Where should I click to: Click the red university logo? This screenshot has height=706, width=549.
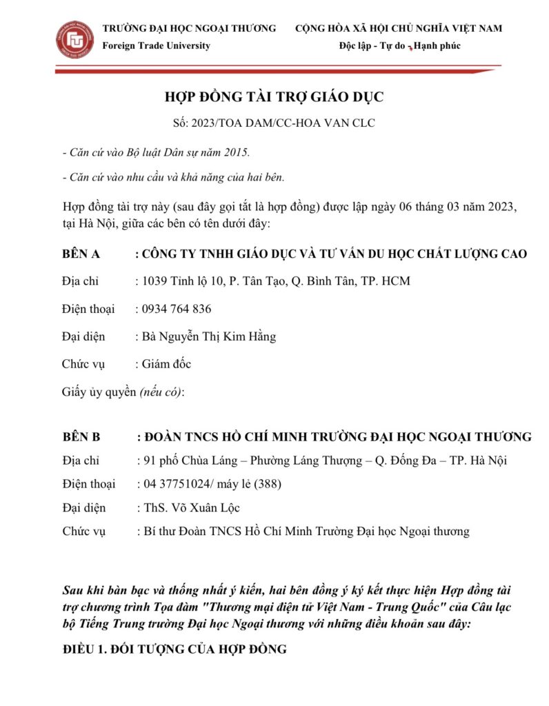click(74, 40)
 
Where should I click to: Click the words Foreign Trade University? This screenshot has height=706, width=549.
click(156, 46)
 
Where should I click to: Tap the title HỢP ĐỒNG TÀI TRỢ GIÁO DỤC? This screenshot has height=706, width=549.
click(274, 97)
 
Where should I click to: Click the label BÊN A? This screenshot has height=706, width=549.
click(81, 254)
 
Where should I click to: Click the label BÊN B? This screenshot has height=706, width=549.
click(81, 436)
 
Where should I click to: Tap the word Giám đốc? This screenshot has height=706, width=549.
click(166, 364)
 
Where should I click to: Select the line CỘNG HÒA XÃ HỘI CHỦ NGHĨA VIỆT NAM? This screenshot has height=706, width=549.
click(399, 28)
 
